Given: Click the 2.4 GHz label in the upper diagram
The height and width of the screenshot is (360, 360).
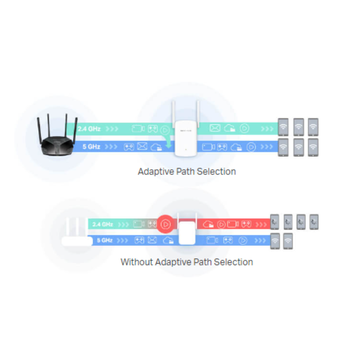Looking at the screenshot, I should pyautogui.click(x=89, y=128).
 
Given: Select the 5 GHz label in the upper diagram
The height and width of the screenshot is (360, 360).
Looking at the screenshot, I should pyautogui.click(x=91, y=147).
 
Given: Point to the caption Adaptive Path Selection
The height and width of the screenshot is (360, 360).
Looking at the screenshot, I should pyautogui.click(x=187, y=172).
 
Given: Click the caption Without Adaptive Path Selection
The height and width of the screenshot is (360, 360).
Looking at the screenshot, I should pyautogui.click(x=187, y=262).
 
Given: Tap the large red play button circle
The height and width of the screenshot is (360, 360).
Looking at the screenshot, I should pyautogui.click(x=165, y=224).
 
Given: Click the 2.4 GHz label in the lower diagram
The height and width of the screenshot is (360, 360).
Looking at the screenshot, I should pyautogui.click(x=102, y=224).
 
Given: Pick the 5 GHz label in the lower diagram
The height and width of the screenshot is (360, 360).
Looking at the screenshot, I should pyautogui.click(x=105, y=240).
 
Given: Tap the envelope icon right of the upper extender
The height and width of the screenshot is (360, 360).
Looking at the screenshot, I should pyautogui.click(x=215, y=128).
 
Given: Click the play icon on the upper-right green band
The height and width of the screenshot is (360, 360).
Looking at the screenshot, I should pyautogui.click(x=244, y=128).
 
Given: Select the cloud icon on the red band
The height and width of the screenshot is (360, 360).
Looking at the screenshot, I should pyautogui.click(x=208, y=224).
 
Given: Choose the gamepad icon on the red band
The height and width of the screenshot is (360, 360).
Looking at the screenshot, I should pyautogui.click(x=245, y=224).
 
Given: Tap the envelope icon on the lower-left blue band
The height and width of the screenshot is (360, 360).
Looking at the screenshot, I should pyautogui.click(x=152, y=240).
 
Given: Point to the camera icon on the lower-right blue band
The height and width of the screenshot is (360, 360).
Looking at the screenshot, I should pyautogui.click(x=212, y=240).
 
